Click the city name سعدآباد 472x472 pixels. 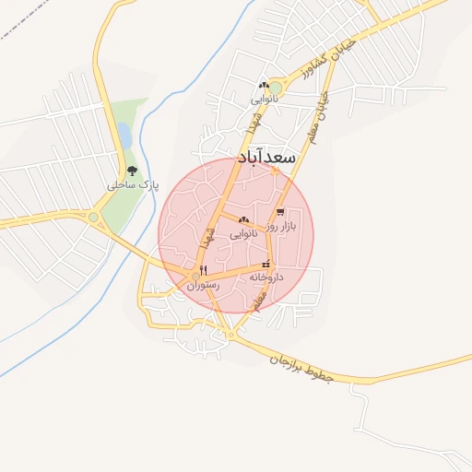click(x=266, y=158)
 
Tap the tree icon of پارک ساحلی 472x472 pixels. click(x=132, y=171)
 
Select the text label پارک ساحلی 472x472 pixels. click(x=133, y=185)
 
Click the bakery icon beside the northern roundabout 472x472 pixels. click(x=265, y=85)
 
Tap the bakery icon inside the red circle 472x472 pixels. click(x=243, y=220)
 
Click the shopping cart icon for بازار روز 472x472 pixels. click(x=279, y=213)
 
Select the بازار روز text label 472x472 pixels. click(x=281, y=226)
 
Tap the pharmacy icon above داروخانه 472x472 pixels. click(x=266, y=265)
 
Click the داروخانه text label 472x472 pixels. click(x=266, y=277)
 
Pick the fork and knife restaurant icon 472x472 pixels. click(x=202, y=271)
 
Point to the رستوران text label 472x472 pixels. click(x=204, y=286)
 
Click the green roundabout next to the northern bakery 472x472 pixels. click(x=276, y=88)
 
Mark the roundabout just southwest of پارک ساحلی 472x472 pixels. click(x=93, y=218)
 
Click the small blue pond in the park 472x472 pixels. click(x=124, y=136)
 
